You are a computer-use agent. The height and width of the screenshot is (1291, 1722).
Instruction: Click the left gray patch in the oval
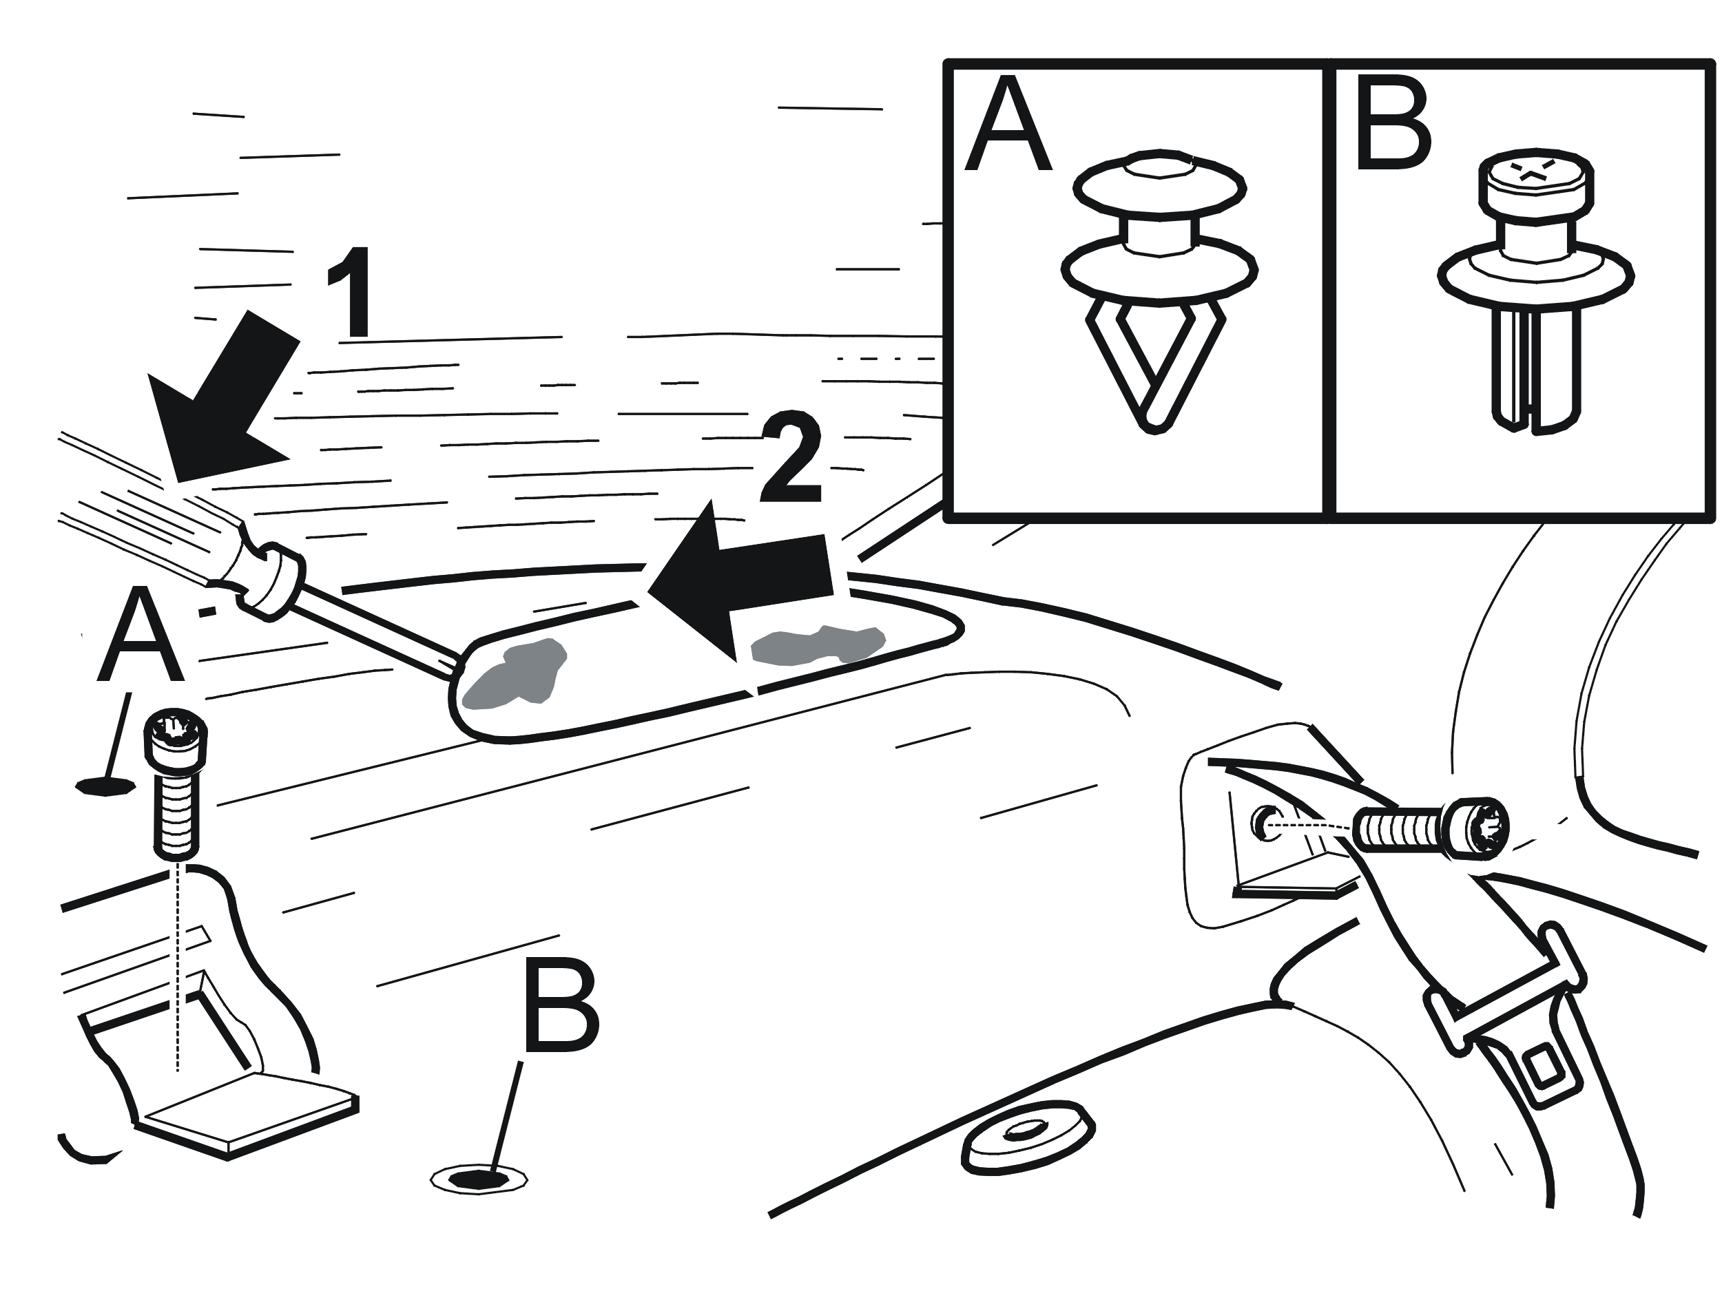(x=514, y=674)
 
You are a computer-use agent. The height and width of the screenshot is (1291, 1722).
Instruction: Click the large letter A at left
(x=140, y=635)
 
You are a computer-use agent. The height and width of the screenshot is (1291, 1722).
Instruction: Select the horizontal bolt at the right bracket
(x=1431, y=827)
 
